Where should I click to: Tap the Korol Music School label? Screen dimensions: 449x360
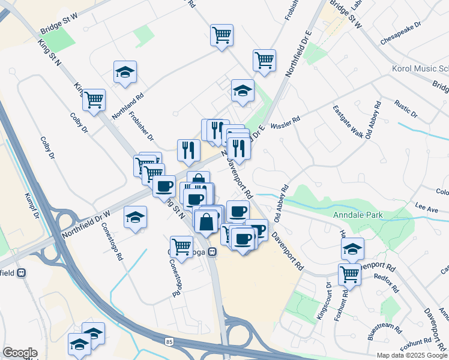tap(420, 69)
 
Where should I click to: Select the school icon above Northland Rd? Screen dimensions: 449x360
tap(125, 72)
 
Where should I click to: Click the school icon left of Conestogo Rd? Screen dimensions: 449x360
tap(136, 217)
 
